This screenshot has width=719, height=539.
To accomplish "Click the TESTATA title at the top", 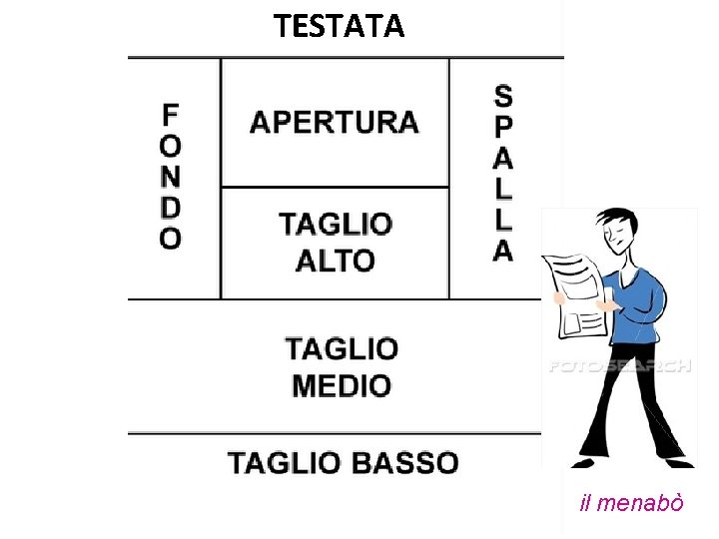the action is tap(340, 25).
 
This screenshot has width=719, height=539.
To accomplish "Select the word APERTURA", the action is tap(334, 123).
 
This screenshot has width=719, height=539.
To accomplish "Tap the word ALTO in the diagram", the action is tap(336, 261).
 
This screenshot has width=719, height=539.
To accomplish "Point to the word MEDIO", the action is tap(342, 384).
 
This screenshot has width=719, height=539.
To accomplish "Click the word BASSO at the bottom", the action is tap(399, 463).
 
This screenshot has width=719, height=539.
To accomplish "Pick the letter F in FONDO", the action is tap(171, 114).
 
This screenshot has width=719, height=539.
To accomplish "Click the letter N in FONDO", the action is tap(171, 177).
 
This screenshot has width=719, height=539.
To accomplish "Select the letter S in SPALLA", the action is tap(503, 97).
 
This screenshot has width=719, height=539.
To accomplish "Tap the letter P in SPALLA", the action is tap(503, 127).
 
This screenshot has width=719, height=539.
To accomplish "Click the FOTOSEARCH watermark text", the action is tap(619, 366).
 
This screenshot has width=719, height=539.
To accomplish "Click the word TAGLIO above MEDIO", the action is tap(342, 349).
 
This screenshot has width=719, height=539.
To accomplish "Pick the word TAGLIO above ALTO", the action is tap(336, 224).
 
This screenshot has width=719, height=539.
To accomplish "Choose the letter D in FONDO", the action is tap(171, 208).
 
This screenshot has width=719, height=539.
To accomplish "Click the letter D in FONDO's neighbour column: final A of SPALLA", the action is tap(503, 250).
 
